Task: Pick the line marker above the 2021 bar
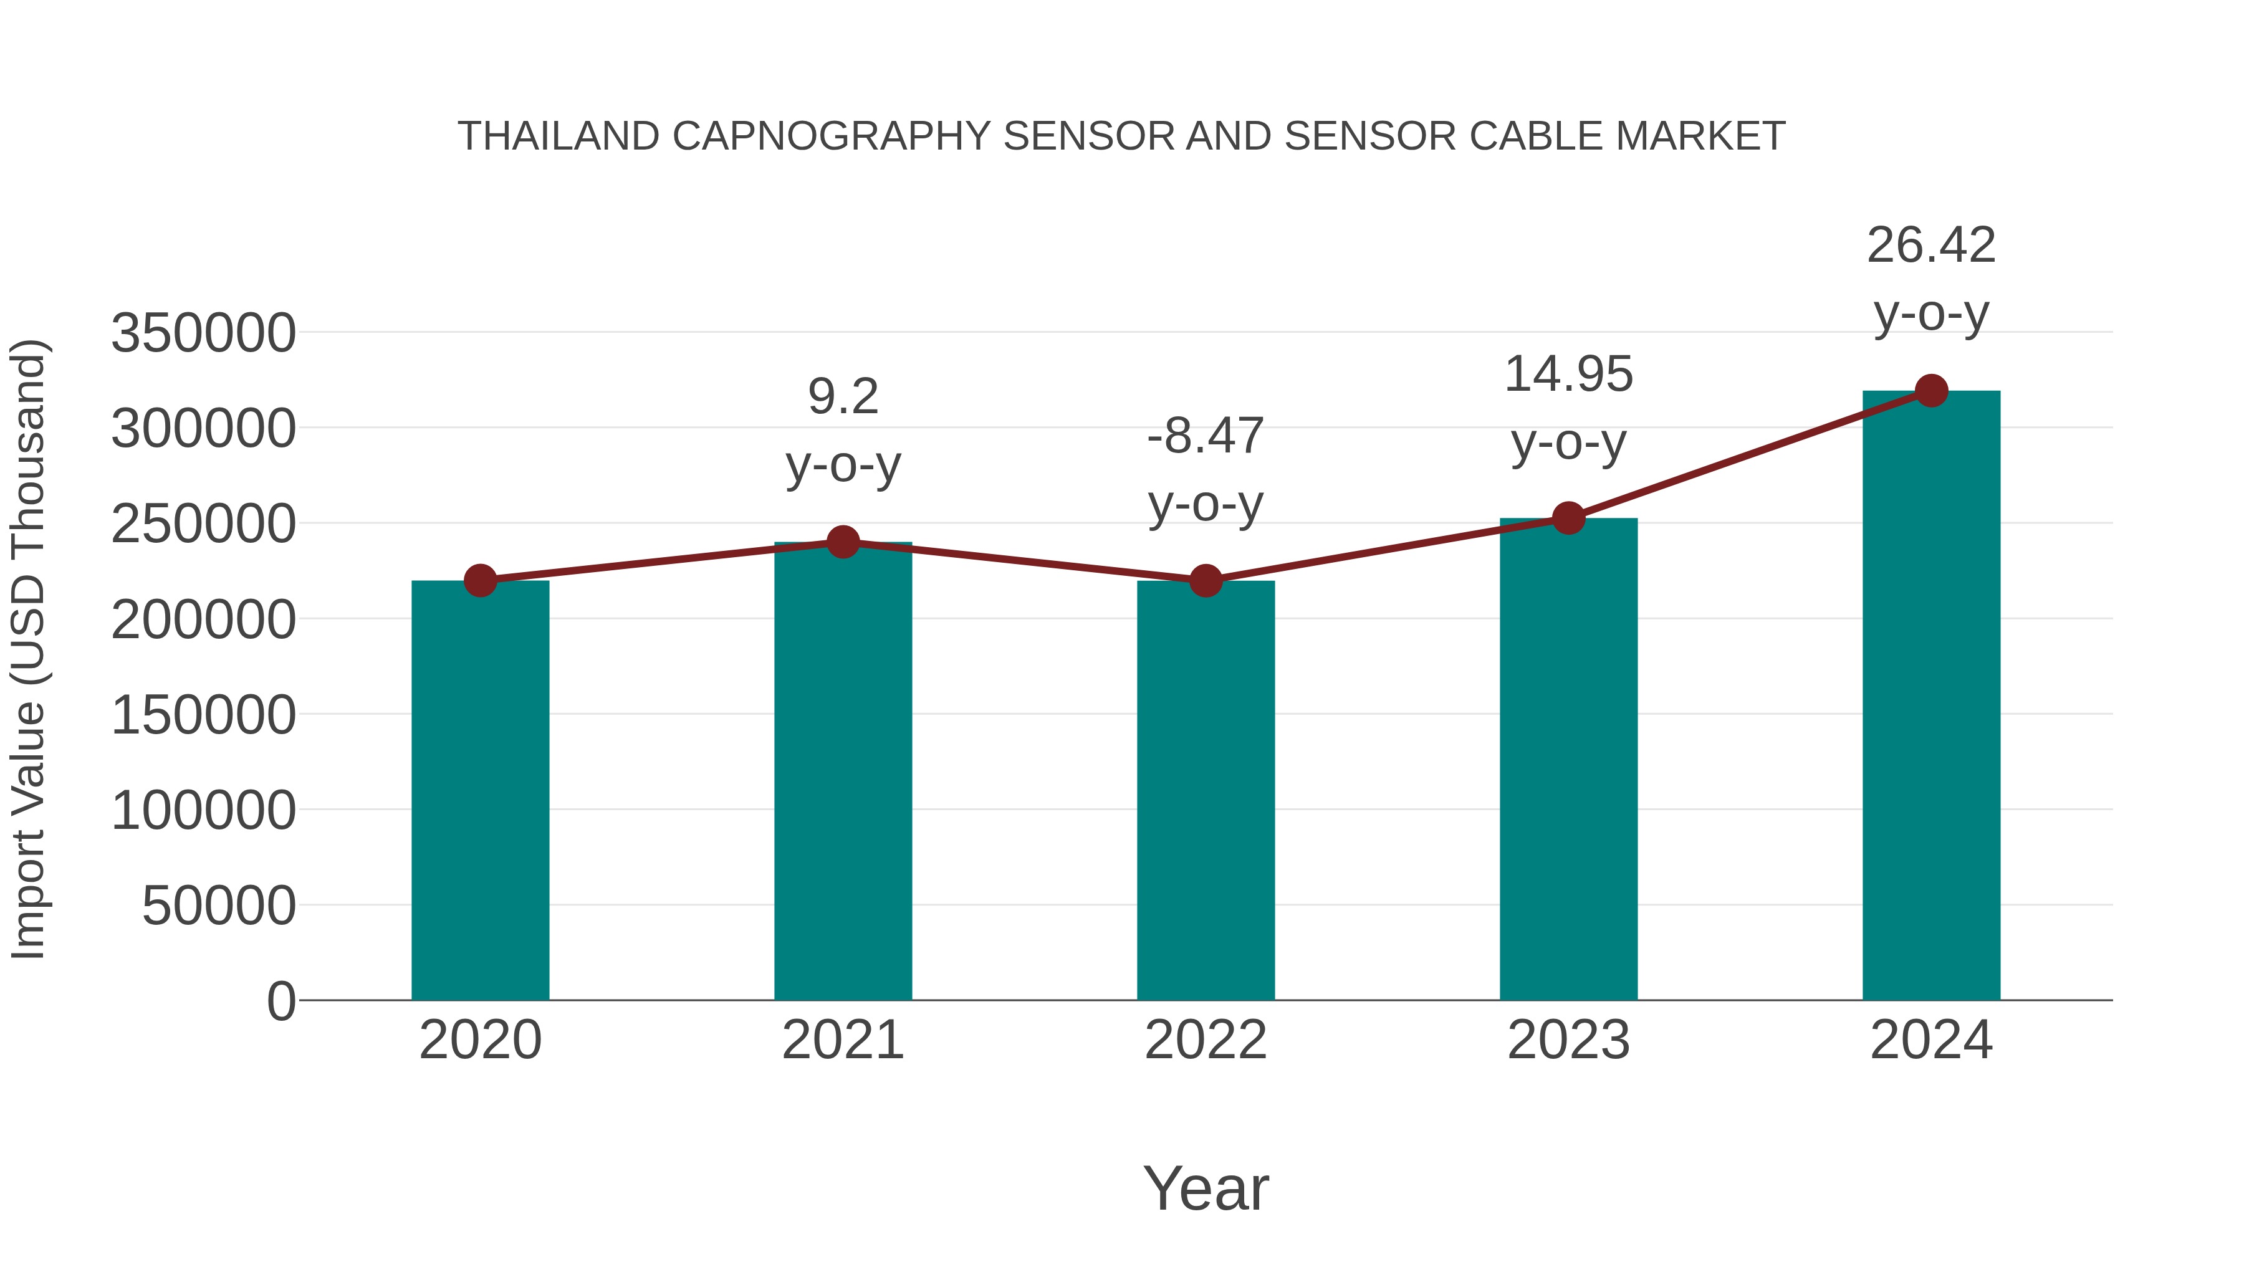coord(842,542)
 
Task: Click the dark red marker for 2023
coord(1568,519)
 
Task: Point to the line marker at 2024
coord(1931,391)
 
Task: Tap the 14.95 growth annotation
coord(1568,375)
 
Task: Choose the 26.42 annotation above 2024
coord(1931,246)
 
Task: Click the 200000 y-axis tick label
coord(203,620)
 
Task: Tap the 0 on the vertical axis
coord(281,1001)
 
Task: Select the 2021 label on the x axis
coord(842,1040)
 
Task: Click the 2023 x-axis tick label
coord(1568,1040)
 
